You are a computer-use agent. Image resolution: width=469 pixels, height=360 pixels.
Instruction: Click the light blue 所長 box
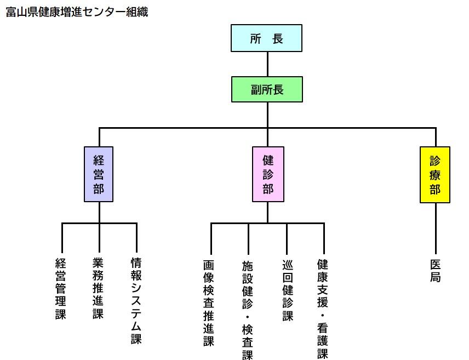(x=267, y=38)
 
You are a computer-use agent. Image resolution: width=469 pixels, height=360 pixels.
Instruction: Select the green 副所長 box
(x=267, y=89)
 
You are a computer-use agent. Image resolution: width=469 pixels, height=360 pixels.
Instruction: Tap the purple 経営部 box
(x=99, y=174)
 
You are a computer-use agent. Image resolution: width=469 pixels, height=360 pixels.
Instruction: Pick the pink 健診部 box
(x=268, y=174)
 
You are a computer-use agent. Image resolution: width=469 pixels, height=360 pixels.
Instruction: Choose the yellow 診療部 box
(x=435, y=175)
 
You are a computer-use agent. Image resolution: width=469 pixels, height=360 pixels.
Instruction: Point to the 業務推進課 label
(x=99, y=289)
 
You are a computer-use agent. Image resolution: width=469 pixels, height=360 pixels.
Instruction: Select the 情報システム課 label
(x=136, y=301)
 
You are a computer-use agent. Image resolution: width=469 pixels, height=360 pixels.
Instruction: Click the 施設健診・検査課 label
(x=248, y=309)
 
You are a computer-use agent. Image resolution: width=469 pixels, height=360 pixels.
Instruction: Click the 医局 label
(x=436, y=271)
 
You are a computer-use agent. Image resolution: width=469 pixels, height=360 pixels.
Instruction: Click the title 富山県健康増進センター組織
(x=77, y=12)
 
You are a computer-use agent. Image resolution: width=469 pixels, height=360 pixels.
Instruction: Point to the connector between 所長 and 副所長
(x=267, y=64)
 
